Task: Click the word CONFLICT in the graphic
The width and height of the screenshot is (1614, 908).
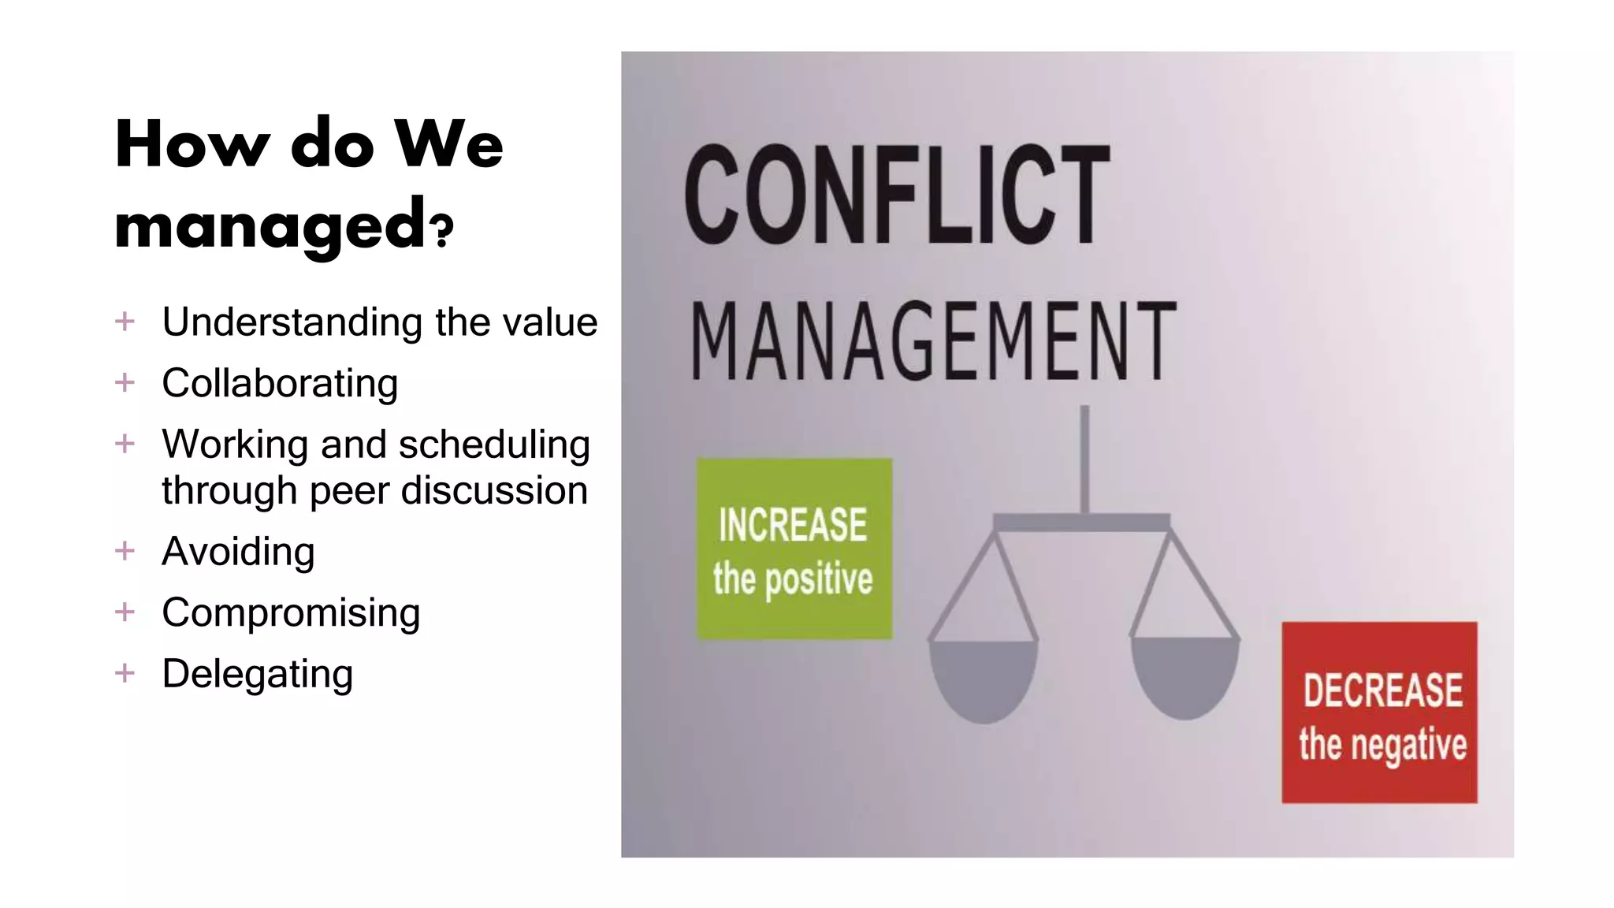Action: click(897, 195)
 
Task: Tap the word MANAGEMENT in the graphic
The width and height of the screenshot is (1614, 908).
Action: click(933, 341)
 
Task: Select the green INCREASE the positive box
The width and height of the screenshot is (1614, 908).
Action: click(794, 549)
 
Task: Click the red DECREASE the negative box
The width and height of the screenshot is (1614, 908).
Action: click(1379, 713)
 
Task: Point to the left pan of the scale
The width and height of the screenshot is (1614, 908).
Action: click(984, 678)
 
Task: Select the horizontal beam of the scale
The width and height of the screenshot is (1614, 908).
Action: click(1081, 522)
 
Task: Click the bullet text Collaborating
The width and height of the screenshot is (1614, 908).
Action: click(280, 384)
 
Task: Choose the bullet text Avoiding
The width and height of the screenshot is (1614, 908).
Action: click(238, 552)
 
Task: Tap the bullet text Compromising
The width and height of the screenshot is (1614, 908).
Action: click(291, 613)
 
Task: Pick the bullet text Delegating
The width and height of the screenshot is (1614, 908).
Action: click(257, 675)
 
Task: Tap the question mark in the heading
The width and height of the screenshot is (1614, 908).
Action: click(444, 230)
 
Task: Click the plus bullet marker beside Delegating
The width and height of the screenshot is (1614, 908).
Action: click(125, 673)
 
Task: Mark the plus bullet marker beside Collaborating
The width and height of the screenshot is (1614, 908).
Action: click(125, 383)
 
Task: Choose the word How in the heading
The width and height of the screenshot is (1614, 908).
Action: click(192, 145)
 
